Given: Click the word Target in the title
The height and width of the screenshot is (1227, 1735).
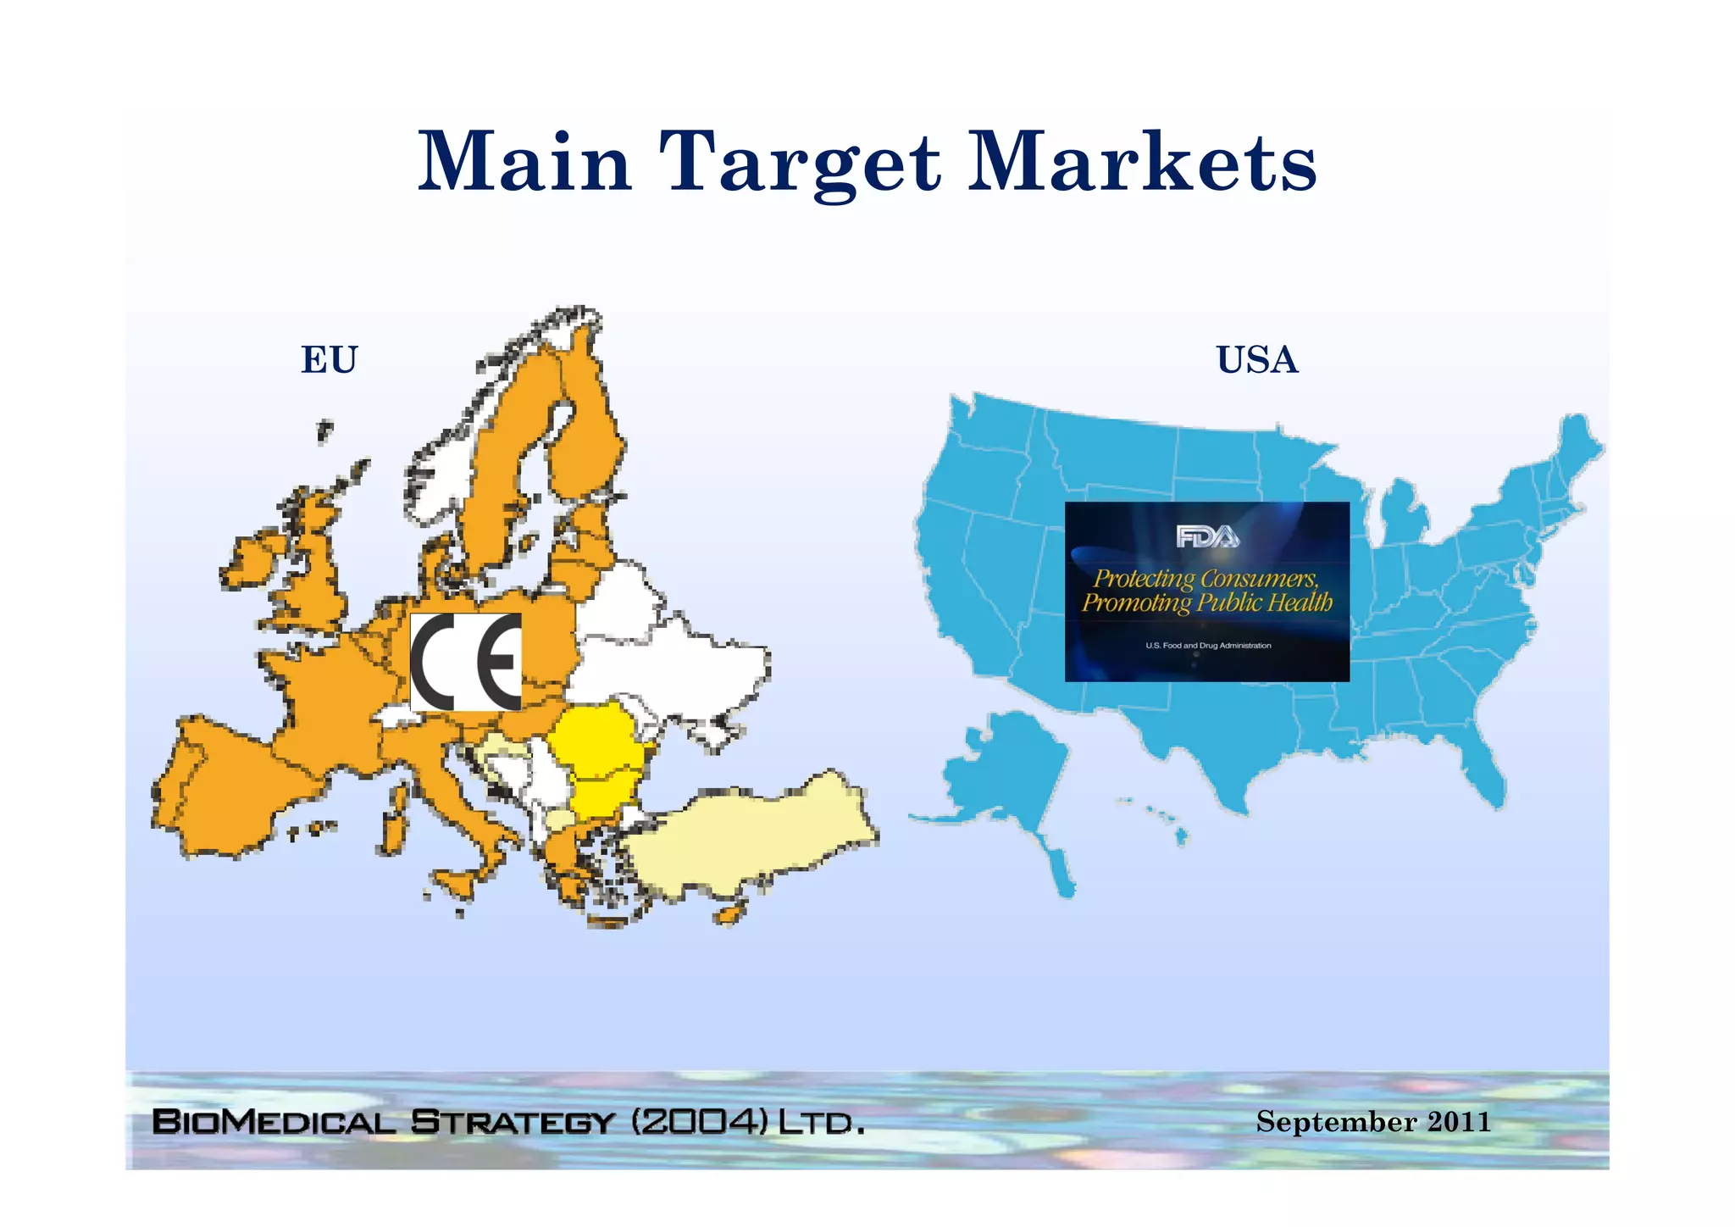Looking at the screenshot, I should (801, 163).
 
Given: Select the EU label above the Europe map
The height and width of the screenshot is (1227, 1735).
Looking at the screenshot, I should (330, 360).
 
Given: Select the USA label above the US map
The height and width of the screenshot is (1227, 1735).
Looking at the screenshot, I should (1256, 360).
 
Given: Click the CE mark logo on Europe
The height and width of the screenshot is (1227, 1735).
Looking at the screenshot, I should (466, 662).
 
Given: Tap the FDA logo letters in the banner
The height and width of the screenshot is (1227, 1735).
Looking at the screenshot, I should (1207, 536).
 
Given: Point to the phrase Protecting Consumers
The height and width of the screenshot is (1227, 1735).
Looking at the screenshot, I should (1206, 579).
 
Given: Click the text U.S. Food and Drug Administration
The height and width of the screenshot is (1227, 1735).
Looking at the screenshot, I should (1208, 646).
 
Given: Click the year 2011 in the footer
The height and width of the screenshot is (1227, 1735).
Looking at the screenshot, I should (1459, 1122).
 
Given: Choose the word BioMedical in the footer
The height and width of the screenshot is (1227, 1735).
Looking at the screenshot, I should (274, 1122).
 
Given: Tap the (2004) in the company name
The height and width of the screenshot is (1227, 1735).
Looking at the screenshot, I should (700, 1122).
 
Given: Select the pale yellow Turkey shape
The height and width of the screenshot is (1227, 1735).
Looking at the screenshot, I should (754, 835).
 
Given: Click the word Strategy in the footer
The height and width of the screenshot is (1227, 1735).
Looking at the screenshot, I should (512, 1122).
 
